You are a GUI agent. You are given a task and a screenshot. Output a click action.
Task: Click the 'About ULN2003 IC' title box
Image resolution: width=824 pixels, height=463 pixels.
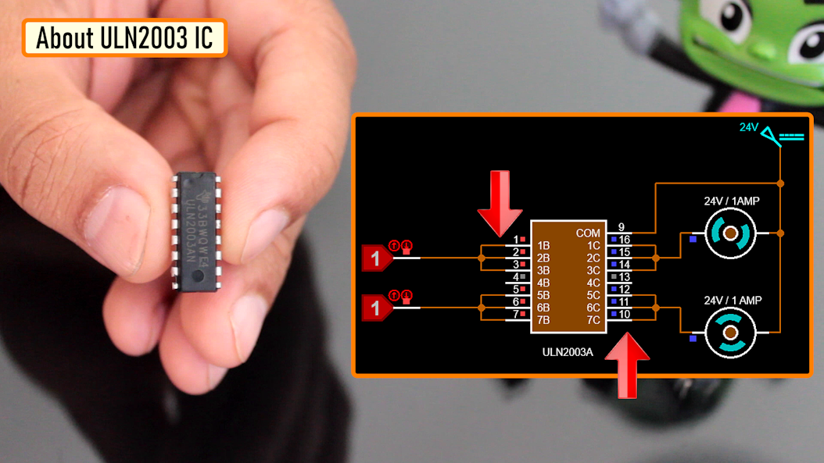[124, 37]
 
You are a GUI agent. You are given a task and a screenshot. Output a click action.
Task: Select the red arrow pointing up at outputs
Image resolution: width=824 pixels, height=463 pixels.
[628, 364]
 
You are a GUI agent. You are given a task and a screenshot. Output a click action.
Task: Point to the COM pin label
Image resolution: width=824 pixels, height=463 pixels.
[587, 233]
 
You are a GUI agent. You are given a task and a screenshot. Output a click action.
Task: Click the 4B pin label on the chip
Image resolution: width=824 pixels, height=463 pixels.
[543, 283]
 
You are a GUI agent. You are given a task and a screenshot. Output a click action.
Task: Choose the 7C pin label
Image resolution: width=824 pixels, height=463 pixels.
[593, 320]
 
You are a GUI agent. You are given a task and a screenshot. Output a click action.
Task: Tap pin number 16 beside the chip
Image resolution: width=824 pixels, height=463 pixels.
[624, 239]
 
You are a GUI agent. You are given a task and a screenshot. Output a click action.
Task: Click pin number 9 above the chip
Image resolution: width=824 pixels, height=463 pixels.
[621, 227]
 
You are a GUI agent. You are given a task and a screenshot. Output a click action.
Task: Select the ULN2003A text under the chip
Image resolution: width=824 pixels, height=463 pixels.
[568, 352]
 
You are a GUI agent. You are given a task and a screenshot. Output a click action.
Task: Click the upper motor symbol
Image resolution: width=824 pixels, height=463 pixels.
[730, 233]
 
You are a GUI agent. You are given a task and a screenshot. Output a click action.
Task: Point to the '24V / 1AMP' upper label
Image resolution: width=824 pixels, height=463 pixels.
[732, 201]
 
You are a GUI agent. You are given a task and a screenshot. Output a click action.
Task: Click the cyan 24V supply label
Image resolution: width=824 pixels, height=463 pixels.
[749, 127]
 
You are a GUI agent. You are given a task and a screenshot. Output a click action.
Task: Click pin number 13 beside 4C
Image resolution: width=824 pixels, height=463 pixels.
[624, 277]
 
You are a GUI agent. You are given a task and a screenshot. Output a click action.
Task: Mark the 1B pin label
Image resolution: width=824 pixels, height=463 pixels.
[543, 245]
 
